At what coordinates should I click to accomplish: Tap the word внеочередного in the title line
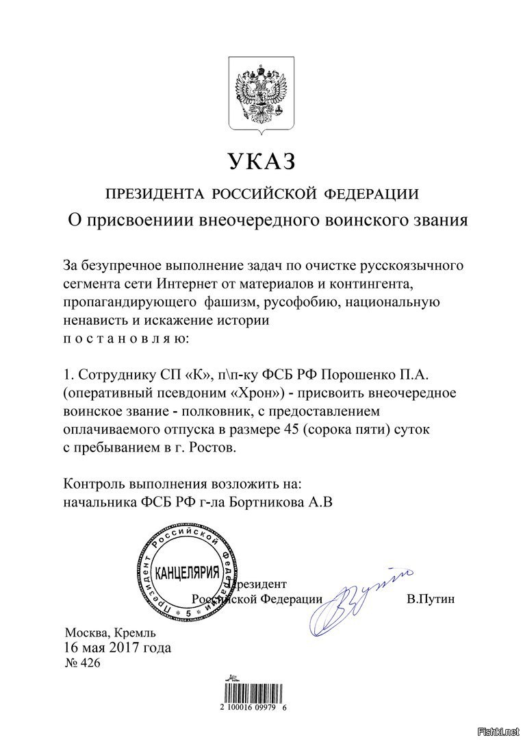[x=264, y=221]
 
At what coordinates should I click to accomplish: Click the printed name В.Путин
[x=430, y=599]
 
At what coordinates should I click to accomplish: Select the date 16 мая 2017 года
[x=117, y=647]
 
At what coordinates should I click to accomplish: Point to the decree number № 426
[x=81, y=663]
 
